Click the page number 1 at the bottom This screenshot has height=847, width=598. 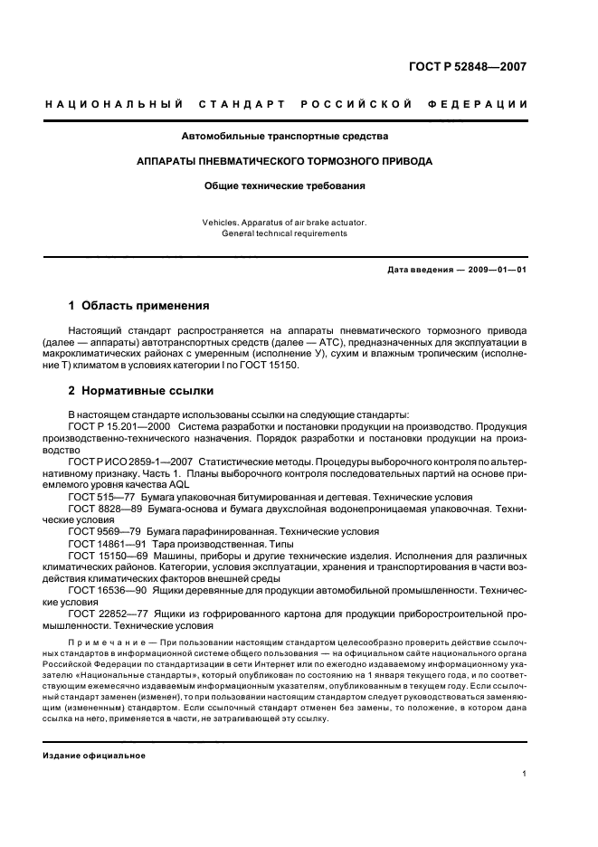click(525, 774)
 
